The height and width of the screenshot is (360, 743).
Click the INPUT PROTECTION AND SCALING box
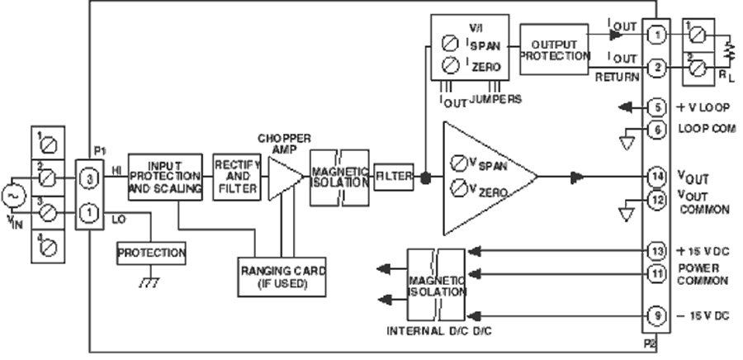point(165,177)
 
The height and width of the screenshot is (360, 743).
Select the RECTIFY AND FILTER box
point(236,177)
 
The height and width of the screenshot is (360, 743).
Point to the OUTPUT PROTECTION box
point(555,49)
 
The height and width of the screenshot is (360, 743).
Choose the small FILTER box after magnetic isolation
point(393,177)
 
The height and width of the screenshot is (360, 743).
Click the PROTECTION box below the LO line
point(151,252)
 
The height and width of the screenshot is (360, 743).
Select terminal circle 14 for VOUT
point(655,177)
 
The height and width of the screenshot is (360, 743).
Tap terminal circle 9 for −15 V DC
point(655,314)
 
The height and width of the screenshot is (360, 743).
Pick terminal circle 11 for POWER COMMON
point(655,272)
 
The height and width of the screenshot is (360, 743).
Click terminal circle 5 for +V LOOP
point(655,107)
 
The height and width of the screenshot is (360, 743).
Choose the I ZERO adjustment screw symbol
point(450,64)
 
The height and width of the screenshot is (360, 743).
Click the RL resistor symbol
point(728,52)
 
